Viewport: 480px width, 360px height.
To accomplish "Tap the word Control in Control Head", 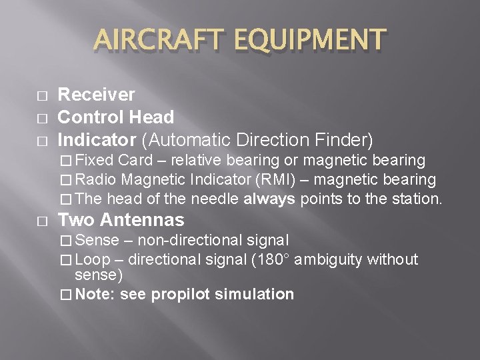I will [x=89, y=118].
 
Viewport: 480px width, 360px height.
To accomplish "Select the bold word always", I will [x=269, y=199].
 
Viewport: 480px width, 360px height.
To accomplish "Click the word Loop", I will [x=95, y=259].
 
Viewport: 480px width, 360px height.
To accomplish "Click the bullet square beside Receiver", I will [x=41, y=96].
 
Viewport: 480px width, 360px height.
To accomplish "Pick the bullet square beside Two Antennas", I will [x=41, y=221].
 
